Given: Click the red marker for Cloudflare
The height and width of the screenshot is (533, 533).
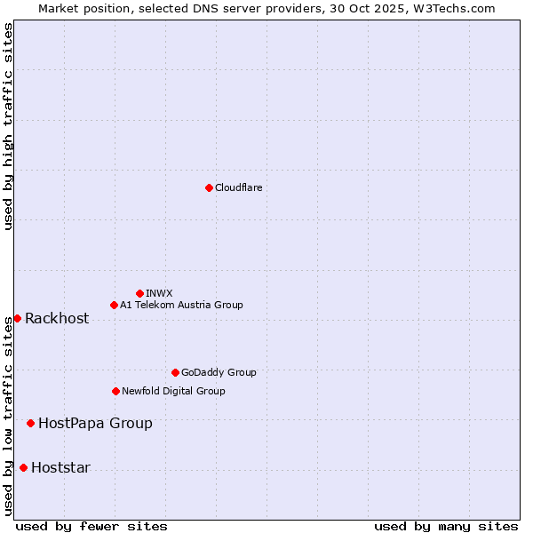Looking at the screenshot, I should pyautogui.click(x=209, y=187).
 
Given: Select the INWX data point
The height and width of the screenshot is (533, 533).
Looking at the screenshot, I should pyautogui.click(x=139, y=293).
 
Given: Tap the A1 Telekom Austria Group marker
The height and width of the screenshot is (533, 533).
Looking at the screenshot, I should pyautogui.click(x=114, y=305).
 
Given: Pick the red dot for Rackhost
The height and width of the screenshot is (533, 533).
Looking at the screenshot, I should pyautogui.click(x=17, y=318).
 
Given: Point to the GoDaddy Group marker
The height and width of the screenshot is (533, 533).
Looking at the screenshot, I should pyautogui.click(x=175, y=372).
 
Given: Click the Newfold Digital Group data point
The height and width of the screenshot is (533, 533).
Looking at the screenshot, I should pyautogui.click(x=115, y=391).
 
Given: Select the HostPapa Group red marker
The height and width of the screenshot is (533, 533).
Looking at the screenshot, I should pyautogui.click(x=30, y=423).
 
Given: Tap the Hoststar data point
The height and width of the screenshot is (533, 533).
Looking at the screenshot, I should pyautogui.click(x=23, y=467).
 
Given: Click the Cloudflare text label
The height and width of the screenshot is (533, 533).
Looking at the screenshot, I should pyautogui.click(x=238, y=187).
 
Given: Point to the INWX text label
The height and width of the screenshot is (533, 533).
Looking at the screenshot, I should pyautogui.click(x=159, y=293).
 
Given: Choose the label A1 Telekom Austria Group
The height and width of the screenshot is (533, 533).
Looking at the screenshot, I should pyautogui.click(x=181, y=305).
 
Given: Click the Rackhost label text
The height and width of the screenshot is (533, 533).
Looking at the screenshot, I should pyautogui.click(x=57, y=319).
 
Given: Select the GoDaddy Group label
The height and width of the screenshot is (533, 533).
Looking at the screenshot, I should pyautogui.click(x=219, y=372).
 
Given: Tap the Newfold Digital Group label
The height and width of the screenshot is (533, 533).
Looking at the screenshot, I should pyautogui.click(x=173, y=391).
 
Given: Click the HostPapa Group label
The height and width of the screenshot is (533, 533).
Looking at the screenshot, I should pyautogui.click(x=95, y=424).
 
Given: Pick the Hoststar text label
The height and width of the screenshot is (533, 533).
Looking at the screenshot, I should pyautogui.click(x=60, y=468).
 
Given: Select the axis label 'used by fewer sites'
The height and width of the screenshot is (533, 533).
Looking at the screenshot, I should pyautogui.click(x=91, y=526).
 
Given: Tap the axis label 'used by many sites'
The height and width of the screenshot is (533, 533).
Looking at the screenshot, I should pyautogui.click(x=446, y=526).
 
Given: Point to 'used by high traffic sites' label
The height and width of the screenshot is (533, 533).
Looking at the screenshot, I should pyautogui.click(x=9, y=126).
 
